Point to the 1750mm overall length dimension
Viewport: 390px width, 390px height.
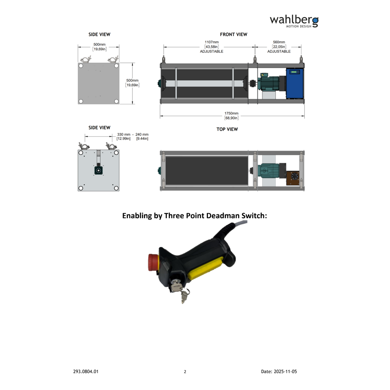(x=231, y=116)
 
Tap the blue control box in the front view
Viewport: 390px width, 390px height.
(x=295, y=84)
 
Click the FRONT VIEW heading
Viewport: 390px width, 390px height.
(x=233, y=35)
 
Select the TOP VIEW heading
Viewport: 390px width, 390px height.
(x=227, y=129)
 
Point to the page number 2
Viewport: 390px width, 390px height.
(x=185, y=372)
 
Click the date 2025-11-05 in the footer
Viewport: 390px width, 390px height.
(x=285, y=371)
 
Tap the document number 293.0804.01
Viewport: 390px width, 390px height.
(x=86, y=371)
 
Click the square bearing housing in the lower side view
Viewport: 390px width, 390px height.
(x=99, y=170)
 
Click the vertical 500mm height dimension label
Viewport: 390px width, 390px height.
(x=132, y=83)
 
